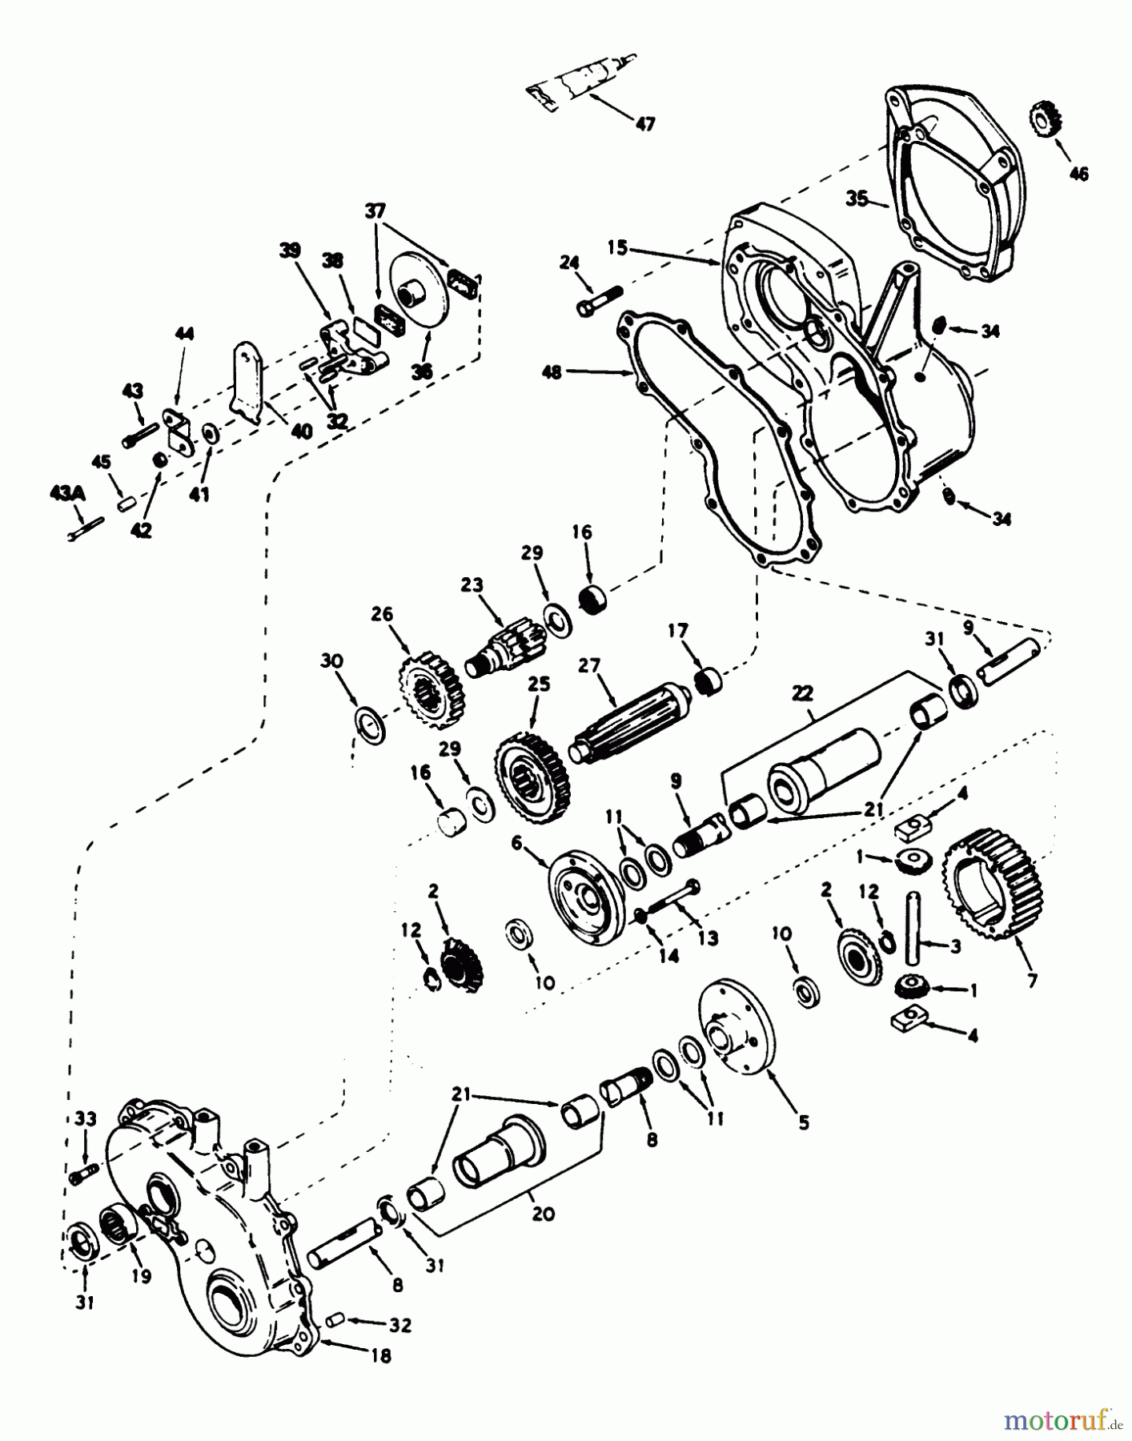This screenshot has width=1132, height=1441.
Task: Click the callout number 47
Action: point(644,123)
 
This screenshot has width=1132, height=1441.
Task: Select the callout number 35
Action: point(857,199)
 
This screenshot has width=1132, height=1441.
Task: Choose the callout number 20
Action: point(543,1213)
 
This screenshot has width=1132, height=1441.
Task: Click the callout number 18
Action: point(381,1356)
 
